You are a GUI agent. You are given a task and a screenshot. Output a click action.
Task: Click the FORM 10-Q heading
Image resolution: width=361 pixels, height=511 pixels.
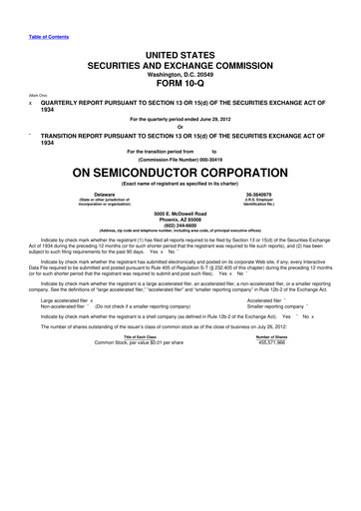tap(180, 83)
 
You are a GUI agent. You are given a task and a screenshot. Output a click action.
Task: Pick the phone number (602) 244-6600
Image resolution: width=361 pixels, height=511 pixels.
tap(180, 252)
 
